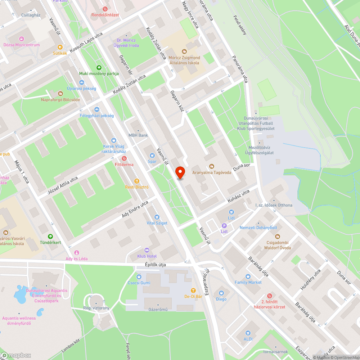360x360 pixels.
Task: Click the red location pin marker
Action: pyautogui.click(x=180, y=172)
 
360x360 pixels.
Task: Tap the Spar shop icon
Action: pyautogui.click(x=152, y=156)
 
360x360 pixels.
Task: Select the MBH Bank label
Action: pyautogui.click(x=138, y=135)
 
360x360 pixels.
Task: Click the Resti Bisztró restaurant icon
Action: pyautogui.click(x=136, y=181)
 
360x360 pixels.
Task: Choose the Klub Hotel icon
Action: pyautogui.click(x=147, y=250)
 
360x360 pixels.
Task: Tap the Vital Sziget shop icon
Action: pyautogui.click(x=157, y=217)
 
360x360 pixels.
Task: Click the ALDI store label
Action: pyautogui.click(x=248, y=339)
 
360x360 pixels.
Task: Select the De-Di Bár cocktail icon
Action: pyautogui.click(x=193, y=291)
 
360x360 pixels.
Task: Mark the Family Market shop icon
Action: pyautogui.click(x=248, y=276)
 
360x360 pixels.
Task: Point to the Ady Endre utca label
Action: pyautogui.click(x=135, y=209)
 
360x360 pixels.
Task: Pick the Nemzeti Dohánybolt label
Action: pyautogui.click(x=258, y=228)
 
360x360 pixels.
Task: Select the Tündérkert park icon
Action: pyautogui.click(x=50, y=236)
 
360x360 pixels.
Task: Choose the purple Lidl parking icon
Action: pyautogui.click(x=224, y=226)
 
